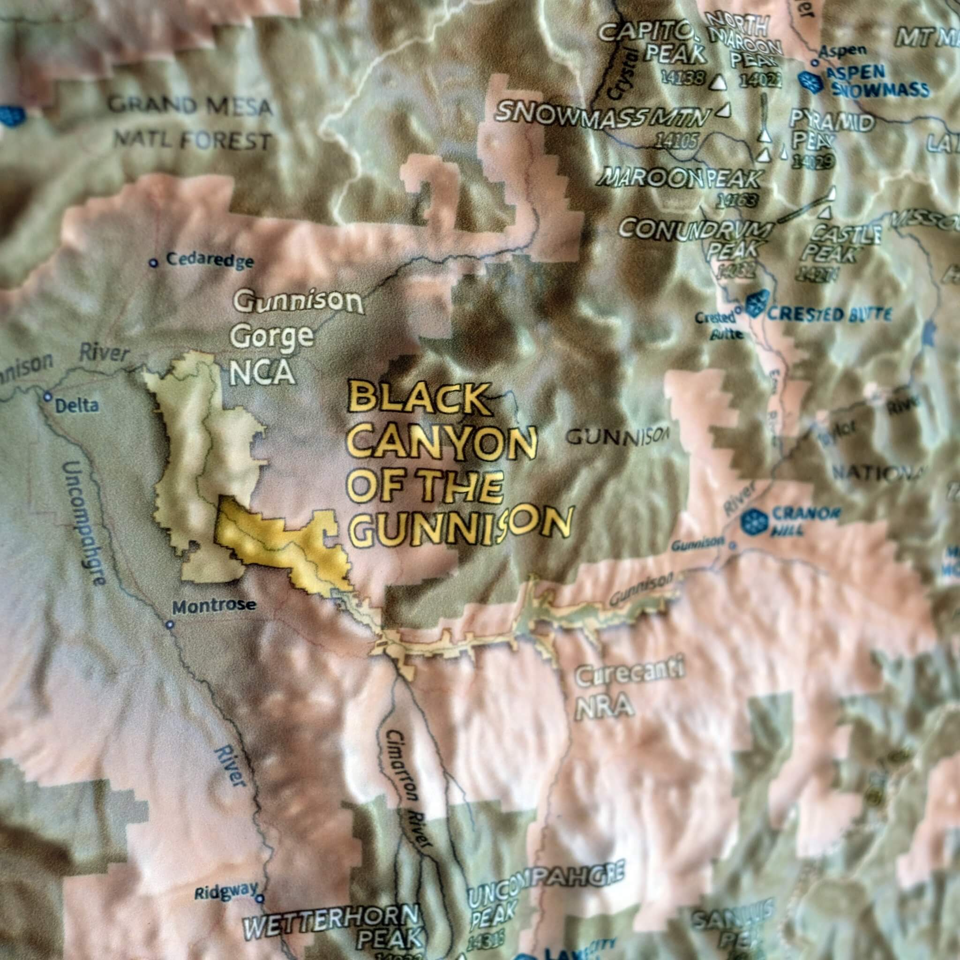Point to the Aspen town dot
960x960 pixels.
pos(815,63)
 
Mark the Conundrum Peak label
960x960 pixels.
pos(696,239)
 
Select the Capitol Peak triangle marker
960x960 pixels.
pos(718,82)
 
